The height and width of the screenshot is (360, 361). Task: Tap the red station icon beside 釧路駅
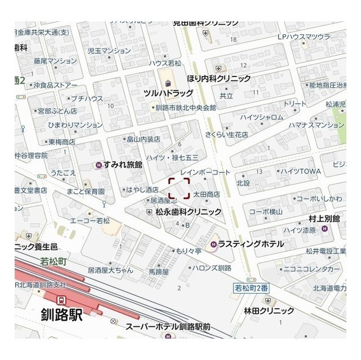[x=61, y=300]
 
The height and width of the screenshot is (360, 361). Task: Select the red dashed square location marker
[x=179, y=188]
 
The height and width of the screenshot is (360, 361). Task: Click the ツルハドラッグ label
[x=168, y=93]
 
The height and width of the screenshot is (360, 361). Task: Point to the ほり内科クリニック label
[x=219, y=79]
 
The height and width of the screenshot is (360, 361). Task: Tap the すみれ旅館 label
[x=123, y=165]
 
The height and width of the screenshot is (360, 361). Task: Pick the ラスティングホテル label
[x=250, y=244]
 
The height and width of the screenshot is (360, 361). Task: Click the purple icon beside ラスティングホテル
[x=214, y=244]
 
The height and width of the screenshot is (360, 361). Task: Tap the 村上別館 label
[x=324, y=218]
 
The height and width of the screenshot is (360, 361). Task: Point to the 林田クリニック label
[x=269, y=310]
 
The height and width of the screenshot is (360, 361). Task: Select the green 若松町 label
[x=54, y=261]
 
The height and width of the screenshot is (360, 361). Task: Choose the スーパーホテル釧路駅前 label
[x=168, y=327]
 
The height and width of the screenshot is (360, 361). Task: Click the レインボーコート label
[x=206, y=171]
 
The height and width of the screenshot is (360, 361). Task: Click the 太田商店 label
[x=206, y=194]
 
